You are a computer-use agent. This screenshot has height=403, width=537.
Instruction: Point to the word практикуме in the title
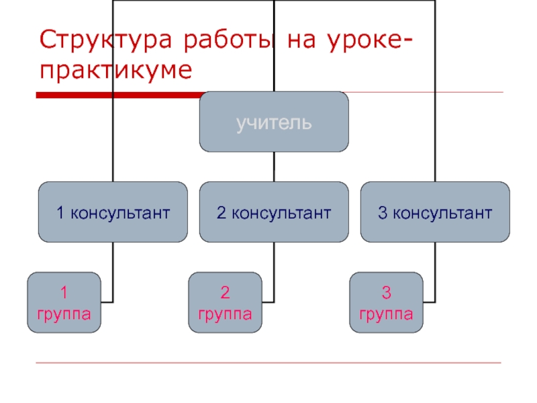click(x=115, y=69)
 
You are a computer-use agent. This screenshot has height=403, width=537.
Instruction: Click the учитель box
click(x=274, y=122)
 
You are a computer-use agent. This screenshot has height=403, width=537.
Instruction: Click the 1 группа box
click(x=64, y=302)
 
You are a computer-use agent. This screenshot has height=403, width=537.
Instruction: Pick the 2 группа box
click(x=226, y=302)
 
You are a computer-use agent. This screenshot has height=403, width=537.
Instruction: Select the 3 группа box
click(x=387, y=302)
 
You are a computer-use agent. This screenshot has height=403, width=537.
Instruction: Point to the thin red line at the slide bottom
click(x=268, y=363)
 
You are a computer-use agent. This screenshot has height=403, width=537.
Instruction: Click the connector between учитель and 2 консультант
click(x=274, y=167)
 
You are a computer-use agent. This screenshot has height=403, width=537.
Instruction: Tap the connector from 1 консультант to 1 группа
click(x=112, y=269)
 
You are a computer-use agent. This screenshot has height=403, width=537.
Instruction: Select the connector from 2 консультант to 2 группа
click(x=274, y=269)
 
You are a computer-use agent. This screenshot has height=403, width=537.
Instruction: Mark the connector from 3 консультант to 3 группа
click(x=435, y=269)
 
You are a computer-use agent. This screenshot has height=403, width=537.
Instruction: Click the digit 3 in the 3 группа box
click(x=387, y=292)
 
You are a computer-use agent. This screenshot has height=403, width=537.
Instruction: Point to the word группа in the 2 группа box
click(x=226, y=313)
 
